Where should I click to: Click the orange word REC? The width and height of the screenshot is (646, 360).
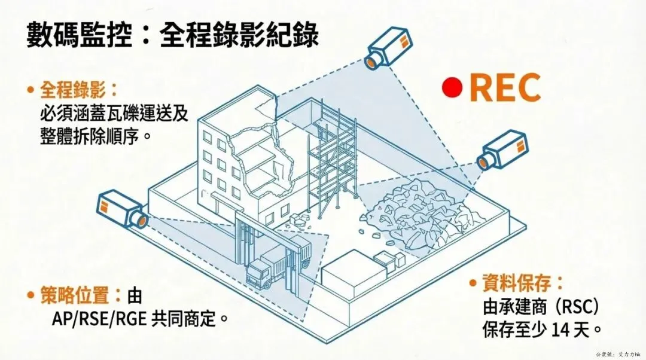coord(505,87)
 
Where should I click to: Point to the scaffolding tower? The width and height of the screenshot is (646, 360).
coord(333,161)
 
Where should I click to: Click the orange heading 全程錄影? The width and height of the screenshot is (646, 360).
coord(73,90)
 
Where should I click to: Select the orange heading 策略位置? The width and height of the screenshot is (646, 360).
coord(73,295)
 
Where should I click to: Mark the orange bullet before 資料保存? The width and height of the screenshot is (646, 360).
coord(473,283)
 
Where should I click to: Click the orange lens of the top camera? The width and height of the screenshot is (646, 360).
coord(371,60)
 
